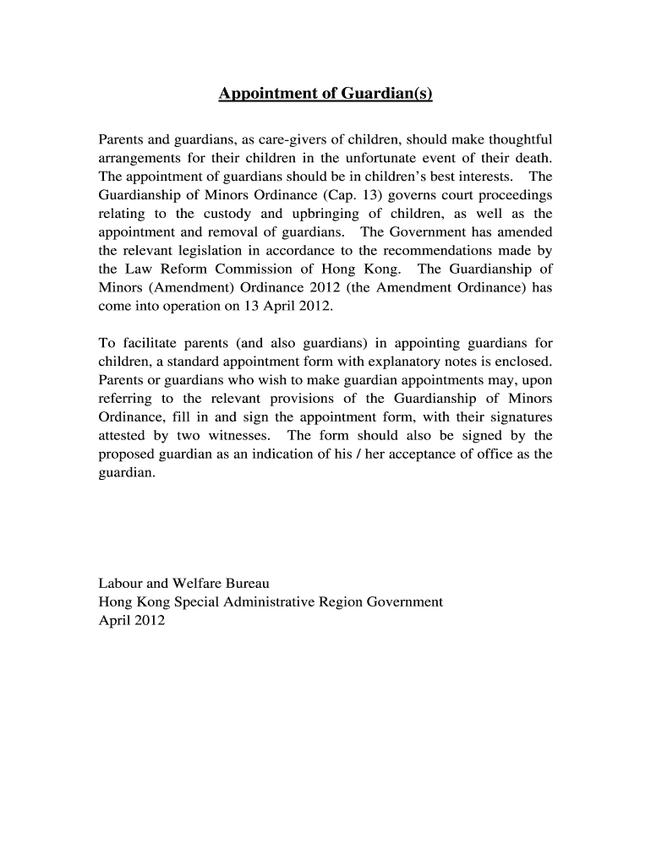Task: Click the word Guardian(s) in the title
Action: [x=386, y=94]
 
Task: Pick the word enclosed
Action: [x=523, y=362]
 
